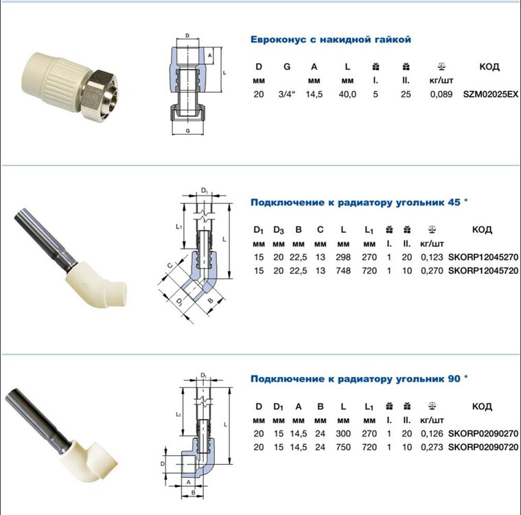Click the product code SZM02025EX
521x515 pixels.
491,95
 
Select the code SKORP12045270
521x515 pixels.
483,257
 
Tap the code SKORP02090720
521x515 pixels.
483,447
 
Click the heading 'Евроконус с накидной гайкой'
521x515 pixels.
331,40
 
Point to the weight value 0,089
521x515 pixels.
441,95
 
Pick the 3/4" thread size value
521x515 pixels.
287,95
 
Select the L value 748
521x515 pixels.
343,271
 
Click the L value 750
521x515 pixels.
343,447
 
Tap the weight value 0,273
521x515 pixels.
432,447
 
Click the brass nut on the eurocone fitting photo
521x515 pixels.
100,90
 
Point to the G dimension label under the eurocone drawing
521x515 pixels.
187,131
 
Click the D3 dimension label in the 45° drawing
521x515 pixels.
179,301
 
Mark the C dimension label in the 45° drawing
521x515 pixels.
170,266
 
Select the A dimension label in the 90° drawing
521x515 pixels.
188,482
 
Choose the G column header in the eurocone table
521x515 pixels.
287,67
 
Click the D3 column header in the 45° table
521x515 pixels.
279,230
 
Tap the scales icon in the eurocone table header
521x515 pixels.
441,67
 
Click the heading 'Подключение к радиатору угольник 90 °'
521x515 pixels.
359,378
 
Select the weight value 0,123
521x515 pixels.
432,257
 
